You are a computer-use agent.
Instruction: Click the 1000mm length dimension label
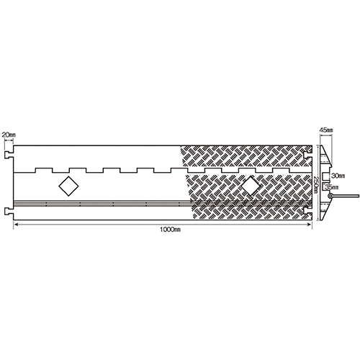170,230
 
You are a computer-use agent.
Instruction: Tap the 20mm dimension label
9,135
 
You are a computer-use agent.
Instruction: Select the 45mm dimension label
326,130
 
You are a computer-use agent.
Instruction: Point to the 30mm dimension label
338,176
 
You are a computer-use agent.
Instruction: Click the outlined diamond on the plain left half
68,186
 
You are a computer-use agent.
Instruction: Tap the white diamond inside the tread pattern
251,186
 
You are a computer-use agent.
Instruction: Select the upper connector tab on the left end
9,156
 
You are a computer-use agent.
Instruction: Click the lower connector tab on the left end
9,211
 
